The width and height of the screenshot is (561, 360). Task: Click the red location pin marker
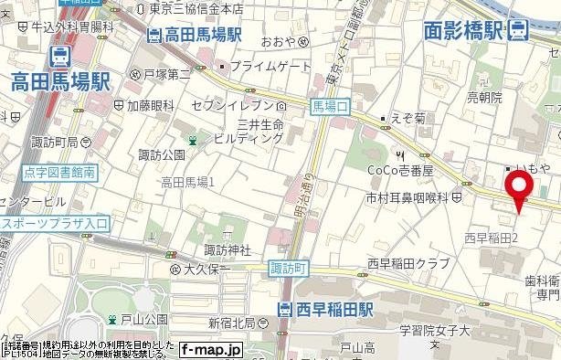tap(520, 187)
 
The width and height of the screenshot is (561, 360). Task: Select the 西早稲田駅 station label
tap(330, 310)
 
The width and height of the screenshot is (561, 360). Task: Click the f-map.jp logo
tap(211, 349)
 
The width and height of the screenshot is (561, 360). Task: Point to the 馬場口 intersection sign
tap(330, 107)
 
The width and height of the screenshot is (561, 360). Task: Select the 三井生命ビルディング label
tap(249, 130)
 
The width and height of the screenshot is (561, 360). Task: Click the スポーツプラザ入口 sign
tap(55, 222)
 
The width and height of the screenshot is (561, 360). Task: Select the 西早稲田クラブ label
tap(408, 263)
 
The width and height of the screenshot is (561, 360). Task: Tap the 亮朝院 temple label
tap(485, 96)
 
